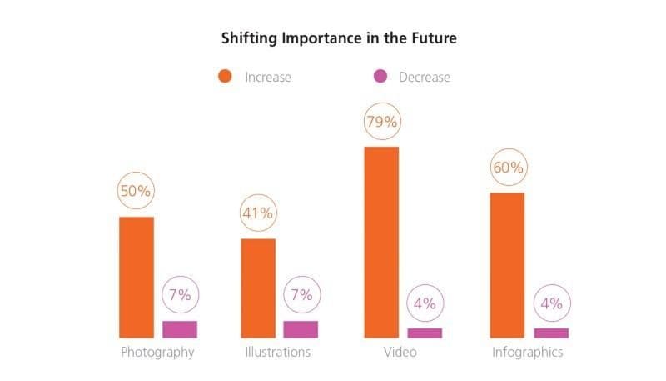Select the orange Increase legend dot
[224, 77]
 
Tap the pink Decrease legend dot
[380, 77]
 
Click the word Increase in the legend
[268, 77]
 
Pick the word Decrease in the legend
[424, 77]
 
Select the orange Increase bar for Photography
[137, 277]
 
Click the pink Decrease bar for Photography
[180, 329]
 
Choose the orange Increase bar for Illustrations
[258, 288]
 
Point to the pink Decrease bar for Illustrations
[301, 329]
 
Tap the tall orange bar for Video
[381, 242]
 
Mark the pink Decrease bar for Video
[425, 333]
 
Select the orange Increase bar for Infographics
[507, 265]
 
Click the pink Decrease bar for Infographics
[550, 333]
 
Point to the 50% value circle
[136, 191]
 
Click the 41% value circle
[257, 213]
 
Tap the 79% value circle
[382, 122]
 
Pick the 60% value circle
[507, 168]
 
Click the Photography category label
[157, 352]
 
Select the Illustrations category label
[278, 352]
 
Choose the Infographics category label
[527, 352]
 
